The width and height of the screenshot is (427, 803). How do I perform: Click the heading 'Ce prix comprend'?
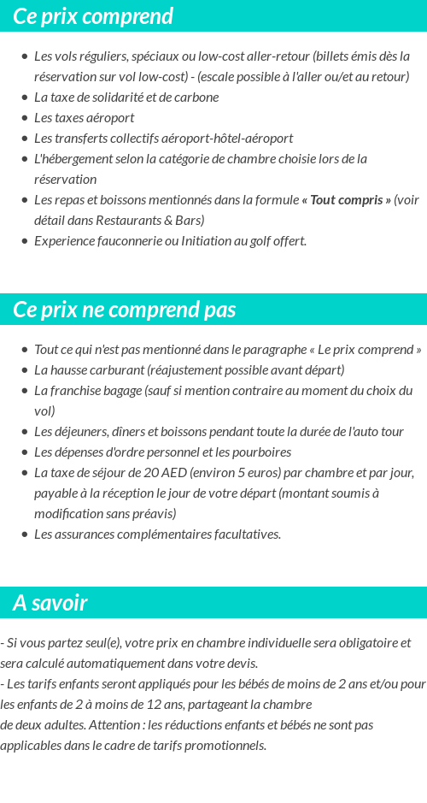click(93, 16)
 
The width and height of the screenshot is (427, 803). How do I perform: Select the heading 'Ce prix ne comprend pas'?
click(125, 310)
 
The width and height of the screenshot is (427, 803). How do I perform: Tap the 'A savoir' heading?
click(50, 603)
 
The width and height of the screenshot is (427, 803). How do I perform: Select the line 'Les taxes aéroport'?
click(84, 118)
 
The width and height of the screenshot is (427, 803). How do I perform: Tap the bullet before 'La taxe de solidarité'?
click(25, 97)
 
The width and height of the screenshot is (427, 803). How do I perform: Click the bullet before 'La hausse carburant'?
click(25, 370)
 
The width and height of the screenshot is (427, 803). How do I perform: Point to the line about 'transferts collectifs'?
click(163, 139)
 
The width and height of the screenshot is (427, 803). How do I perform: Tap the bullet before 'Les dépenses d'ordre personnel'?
click(25, 452)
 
